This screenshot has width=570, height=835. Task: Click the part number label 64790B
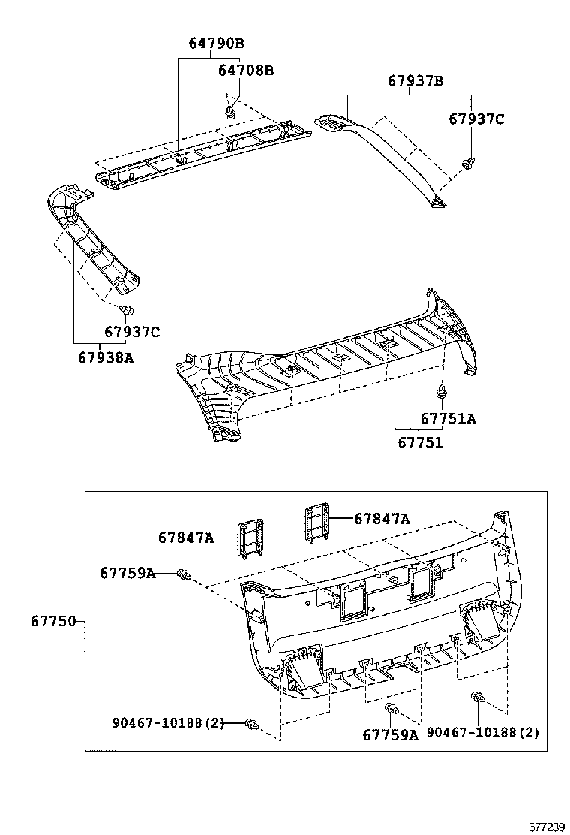(217, 44)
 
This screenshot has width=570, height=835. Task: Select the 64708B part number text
(246, 71)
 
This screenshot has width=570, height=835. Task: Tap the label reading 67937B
(415, 81)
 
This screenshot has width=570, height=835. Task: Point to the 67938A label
(106, 357)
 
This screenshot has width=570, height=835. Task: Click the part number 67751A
(448, 419)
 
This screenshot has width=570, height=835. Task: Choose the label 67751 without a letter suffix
(421, 442)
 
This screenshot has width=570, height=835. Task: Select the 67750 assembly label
(53, 621)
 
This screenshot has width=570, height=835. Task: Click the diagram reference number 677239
(546, 826)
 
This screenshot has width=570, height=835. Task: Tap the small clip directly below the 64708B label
(230, 112)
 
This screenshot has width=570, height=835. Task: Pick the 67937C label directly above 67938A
(132, 332)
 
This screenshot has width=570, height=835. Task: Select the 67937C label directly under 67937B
(477, 119)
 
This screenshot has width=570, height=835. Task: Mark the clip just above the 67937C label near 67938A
(127, 310)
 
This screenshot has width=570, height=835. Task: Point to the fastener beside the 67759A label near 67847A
(182, 574)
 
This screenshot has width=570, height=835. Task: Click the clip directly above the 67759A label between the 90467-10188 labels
(390, 709)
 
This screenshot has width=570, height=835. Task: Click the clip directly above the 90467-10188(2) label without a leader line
(476, 700)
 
